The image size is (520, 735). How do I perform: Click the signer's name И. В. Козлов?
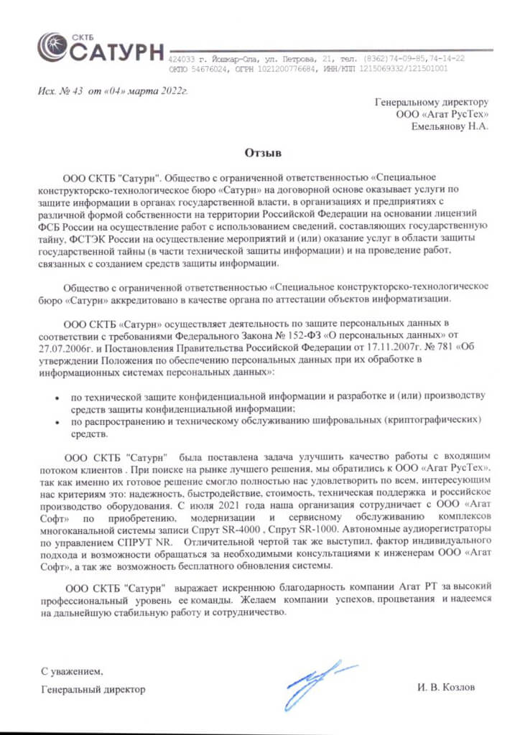click(x=445, y=687)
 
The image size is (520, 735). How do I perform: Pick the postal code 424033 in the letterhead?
click(x=181, y=58)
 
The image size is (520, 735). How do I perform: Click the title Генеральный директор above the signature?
click(x=93, y=689)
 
